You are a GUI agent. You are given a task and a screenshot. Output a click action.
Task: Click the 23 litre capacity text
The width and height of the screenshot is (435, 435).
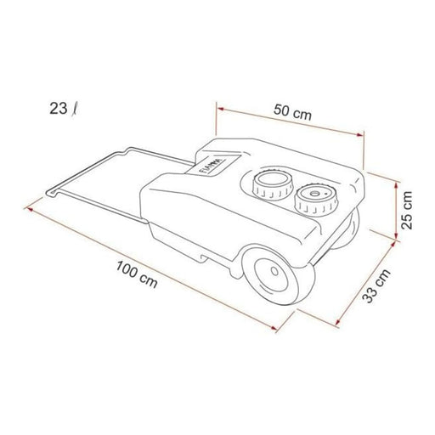62,109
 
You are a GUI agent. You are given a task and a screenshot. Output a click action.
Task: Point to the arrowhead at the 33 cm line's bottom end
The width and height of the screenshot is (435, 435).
341,325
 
